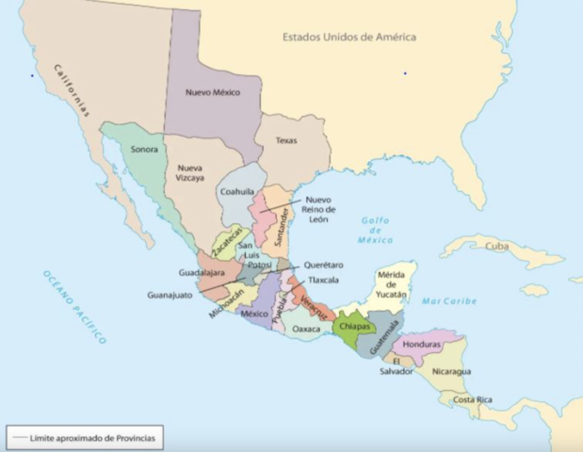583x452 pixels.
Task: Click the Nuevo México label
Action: pyautogui.click(x=212, y=92)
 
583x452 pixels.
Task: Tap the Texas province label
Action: pyautogui.click(x=286, y=140)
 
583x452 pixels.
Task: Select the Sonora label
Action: pyautogui.click(x=144, y=149)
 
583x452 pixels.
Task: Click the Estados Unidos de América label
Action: pyautogui.click(x=349, y=37)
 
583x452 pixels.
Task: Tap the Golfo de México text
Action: pyautogui.click(x=375, y=231)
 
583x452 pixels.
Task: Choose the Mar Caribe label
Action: pyautogui.click(x=449, y=300)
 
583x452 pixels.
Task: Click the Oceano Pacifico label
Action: pyautogui.click(x=74, y=306)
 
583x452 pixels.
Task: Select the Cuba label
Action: pyautogui.click(x=496, y=246)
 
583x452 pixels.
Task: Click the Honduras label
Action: pyautogui.click(x=421, y=345)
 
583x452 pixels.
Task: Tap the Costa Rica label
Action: pyautogui.click(x=472, y=399)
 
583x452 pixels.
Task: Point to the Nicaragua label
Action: pyautogui.click(x=451, y=371)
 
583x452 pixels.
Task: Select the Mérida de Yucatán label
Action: pyautogui.click(x=391, y=284)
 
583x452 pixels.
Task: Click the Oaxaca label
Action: pyautogui.click(x=306, y=329)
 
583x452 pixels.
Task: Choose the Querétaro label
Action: pyautogui.click(x=323, y=265)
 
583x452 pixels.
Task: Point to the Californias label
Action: pyautogui.click(x=72, y=90)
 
